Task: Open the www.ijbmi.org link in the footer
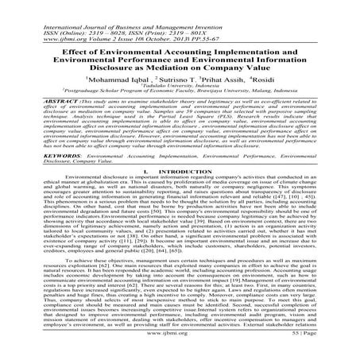(x=180, y=346)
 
